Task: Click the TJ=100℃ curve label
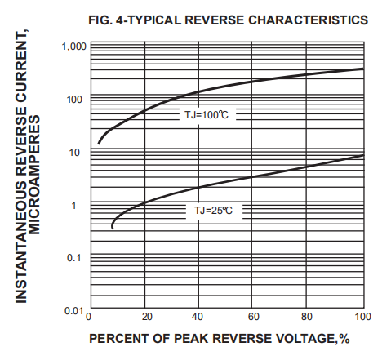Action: tap(204, 115)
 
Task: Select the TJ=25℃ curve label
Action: tap(214, 211)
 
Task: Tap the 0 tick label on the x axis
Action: tap(89, 318)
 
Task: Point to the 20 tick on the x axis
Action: tap(144, 318)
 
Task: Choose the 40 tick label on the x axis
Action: tap(198, 318)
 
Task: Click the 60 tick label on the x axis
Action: tap(254, 318)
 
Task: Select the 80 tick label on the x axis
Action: tap(309, 318)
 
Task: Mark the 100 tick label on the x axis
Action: tap(363, 318)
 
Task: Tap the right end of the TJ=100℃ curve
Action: tap(363, 69)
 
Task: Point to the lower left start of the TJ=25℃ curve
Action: tap(112, 227)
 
